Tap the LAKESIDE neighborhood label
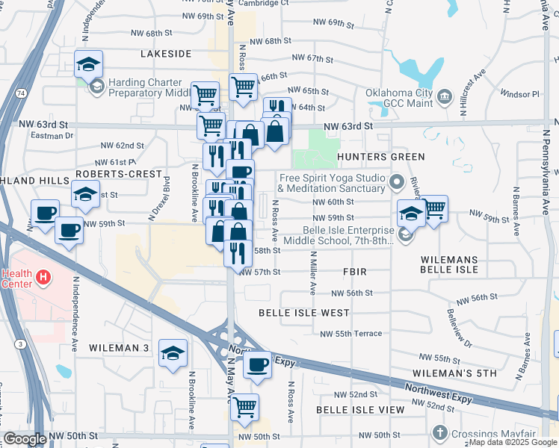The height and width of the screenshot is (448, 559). pyautogui.click(x=167, y=54)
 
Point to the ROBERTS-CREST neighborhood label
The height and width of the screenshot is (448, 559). pyautogui.click(x=119, y=173)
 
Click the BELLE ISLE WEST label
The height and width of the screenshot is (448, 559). pyautogui.click(x=303, y=313)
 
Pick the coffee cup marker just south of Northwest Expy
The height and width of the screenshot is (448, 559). pyautogui.click(x=258, y=364)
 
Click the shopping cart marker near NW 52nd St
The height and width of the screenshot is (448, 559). pyautogui.click(x=244, y=407)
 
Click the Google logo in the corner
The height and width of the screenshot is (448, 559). pyautogui.click(x=24, y=439)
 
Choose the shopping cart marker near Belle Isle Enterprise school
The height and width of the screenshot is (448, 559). pyautogui.click(x=434, y=209)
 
